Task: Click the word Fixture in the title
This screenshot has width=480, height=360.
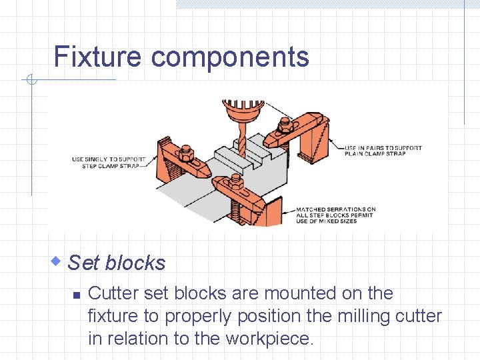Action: tap(97, 57)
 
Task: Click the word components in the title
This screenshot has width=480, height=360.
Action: tap(230, 58)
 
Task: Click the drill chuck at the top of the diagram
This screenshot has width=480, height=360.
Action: tap(243, 110)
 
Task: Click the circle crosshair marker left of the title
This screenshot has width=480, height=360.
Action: tap(30, 81)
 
